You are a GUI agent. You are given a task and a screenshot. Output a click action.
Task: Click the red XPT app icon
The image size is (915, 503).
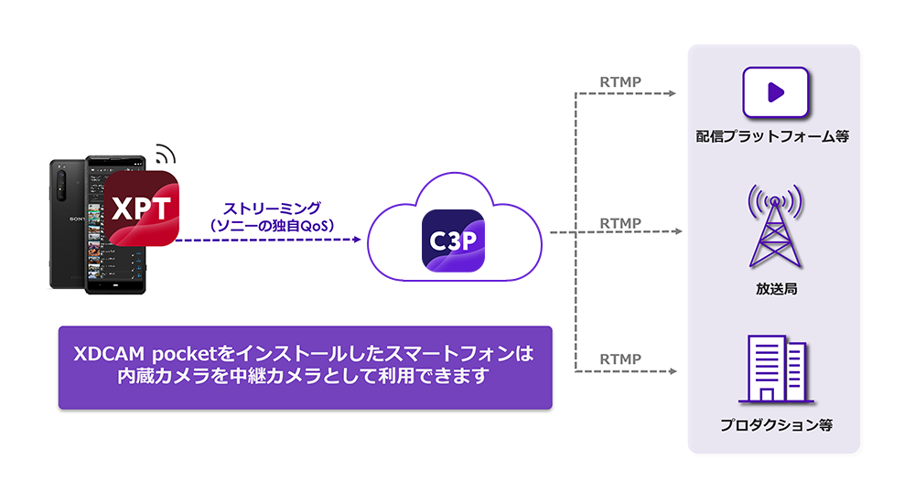click(x=140, y=208)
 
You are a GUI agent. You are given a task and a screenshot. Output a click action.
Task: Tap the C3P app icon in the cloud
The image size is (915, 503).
click(x=453, y=240)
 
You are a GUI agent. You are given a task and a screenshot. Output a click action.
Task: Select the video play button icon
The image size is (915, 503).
click(x=775, y=91)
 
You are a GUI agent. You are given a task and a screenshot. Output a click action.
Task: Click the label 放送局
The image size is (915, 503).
click(x=774, y=289)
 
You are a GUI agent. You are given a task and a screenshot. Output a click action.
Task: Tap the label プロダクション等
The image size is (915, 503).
click(x=775, y=426)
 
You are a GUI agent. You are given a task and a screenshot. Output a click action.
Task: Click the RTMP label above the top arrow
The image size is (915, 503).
click(x=620, y=81)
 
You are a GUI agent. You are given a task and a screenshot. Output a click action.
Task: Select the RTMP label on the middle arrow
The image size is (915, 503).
click(x=620, y=222)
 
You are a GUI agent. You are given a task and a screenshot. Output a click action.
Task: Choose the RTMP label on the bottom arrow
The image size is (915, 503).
click(x=620, y=359)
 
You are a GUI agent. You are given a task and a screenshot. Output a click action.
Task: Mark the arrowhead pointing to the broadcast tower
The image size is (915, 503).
click(x=678, y=233)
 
